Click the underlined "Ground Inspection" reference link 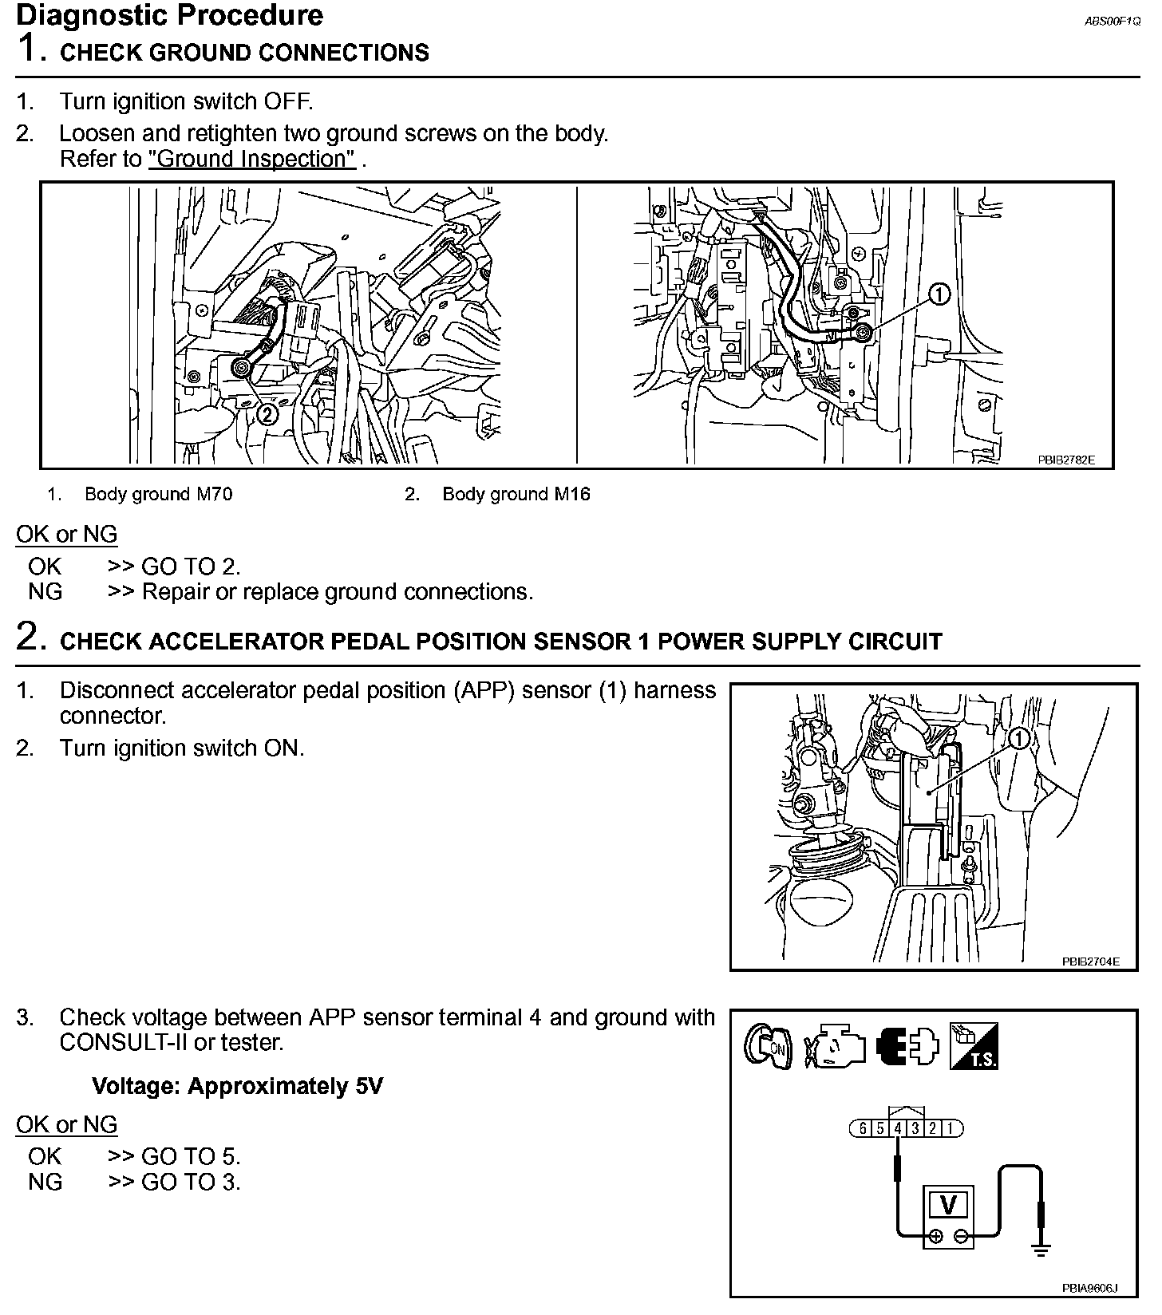(251, 159)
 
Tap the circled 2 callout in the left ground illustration (267, 413)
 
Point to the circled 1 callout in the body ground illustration (940, 295)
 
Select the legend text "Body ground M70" (158, 494)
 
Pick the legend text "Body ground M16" (516, 494)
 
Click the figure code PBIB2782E (1066, 460)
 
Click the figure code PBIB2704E (1090, 962)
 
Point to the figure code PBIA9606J (1089, 1288)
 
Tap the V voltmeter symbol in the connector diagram (949, 1204)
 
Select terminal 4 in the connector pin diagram (898, 1128)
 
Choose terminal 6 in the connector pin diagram (863, 1128)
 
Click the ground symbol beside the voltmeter (1041, 1250)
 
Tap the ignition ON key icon (767, 1046)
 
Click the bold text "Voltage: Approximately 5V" (237, 1086)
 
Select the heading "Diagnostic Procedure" (169, 15)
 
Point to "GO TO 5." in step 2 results (191, 1156)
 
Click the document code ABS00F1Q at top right (1112, 22)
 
